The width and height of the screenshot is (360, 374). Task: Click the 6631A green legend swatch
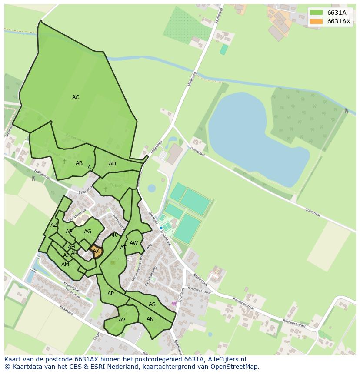(316, 13)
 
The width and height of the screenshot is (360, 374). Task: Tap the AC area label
(76, 97)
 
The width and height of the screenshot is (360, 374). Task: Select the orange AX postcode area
(96, 252)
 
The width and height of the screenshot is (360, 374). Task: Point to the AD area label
(112, 164)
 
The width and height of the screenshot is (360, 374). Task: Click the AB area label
(79, 163)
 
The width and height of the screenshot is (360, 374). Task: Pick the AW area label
(133, 243)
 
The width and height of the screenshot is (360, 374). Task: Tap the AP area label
(110, 294)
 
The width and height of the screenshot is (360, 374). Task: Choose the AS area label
(152, 304)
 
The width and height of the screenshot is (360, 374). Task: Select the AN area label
(150, 319)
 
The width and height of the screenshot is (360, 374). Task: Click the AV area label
(122, 320)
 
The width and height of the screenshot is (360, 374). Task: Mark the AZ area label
(53, 225)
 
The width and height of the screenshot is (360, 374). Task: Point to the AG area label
(87, 232)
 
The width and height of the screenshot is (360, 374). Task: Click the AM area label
(65, 265)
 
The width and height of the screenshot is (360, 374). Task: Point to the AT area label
(123, 248)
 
